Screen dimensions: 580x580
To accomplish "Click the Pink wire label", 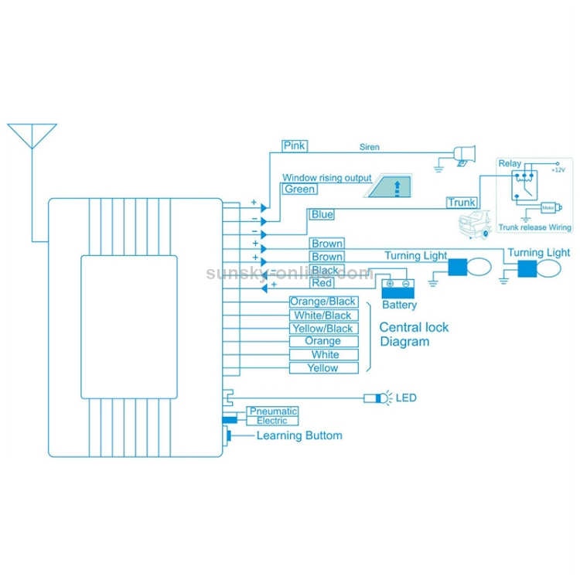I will pos(295,145).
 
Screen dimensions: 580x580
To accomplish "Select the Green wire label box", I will pos(299,189).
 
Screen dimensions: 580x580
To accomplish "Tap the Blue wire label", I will pos(322,214).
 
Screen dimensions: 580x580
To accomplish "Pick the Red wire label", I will pos(322,283).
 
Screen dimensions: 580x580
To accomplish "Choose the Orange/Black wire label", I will pos(323,302).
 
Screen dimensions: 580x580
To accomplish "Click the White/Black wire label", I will pos(323,316).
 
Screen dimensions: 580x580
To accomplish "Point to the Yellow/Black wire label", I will pos(323,329).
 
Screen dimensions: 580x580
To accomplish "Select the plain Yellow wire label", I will pos(323,368).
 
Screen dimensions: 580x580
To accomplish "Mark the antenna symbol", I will pos(32,136).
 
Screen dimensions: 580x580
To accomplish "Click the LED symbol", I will pos(380,397).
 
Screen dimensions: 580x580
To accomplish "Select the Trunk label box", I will pos(462,203).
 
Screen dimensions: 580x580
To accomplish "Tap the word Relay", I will pos(510,164).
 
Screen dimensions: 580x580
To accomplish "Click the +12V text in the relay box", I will pos(558,169).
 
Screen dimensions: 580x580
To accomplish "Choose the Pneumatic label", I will pos(272,411).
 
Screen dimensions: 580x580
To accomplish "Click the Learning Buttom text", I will pos(299,435).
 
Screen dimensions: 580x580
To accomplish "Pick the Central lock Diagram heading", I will pos(414,334).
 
